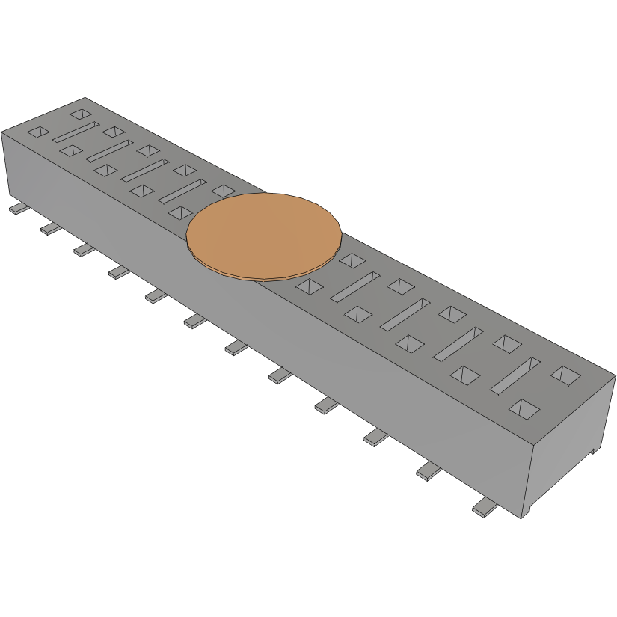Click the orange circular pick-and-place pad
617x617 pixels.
(263, 236)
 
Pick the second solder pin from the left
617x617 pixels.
(50, 228)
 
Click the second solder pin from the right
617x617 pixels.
(428, 471)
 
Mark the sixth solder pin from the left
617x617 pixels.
(194, 321)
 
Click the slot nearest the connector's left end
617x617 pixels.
(76, 131)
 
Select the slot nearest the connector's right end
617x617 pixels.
(515, 375)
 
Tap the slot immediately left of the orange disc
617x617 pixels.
(182, 191)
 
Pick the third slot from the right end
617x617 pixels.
(405, 314)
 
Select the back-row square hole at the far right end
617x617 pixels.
(565, 373)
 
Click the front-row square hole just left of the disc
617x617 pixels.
(180, 213)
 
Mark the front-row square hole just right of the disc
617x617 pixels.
(307, 286)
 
